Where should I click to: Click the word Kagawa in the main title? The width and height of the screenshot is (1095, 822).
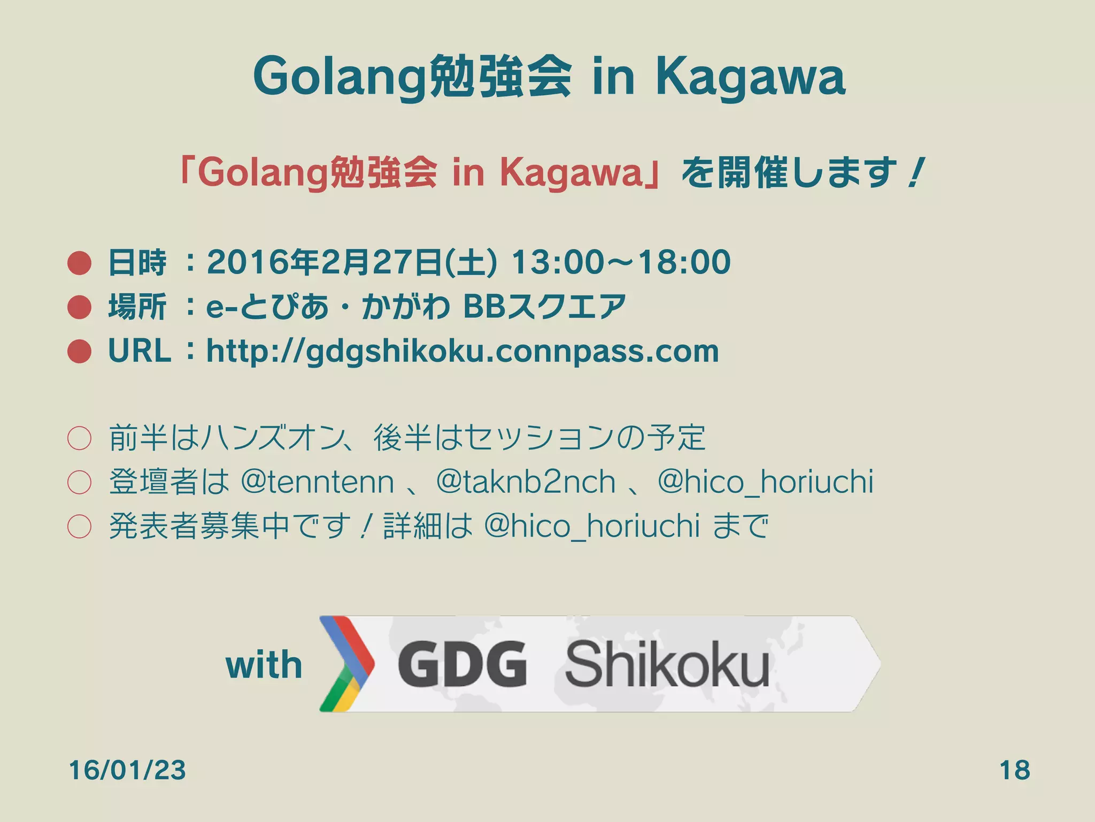pyautogui.click(x=750, y=78)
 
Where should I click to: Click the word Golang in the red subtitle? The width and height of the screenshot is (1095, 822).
pyautogui.click(x=262, y=173)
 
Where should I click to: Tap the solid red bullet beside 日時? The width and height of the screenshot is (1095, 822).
pyautogui.click(x=80, y=263)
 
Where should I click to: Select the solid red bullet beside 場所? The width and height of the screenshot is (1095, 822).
pyautogui.click(x=80, y=307)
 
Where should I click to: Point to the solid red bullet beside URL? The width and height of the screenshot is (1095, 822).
pyautogui.click(x=80, y=352)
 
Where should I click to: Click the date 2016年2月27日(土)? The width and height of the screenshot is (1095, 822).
pyautogui.click(x=352, y=262)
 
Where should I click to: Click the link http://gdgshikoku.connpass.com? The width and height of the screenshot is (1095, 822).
pyautogui.click(x=462, y=352)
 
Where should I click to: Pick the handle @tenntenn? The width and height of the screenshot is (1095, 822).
pyautogui.click(x=318, y=482)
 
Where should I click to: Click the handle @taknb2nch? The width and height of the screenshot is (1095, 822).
pyautogui.click(x=526, y=482)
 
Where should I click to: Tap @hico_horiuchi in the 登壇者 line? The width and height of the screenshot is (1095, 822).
pyautogui.click(x=766, y=482)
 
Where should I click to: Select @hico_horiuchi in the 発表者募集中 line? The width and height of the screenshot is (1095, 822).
pyautogui.click(x=592, y=526)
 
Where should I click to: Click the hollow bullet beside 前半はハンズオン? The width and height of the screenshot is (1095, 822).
pyautogui.click(x=79, y=438)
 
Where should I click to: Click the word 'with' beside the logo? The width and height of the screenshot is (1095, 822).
pyautogui.click(x=264, y=665)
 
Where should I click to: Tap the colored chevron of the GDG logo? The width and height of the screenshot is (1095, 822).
pyautogui.click(x=346, y=664)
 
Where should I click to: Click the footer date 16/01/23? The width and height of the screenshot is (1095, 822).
pyautogui.click(x=127, y=770)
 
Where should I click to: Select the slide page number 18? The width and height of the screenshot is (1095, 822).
pyautogui.click(x=1014, y=770)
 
